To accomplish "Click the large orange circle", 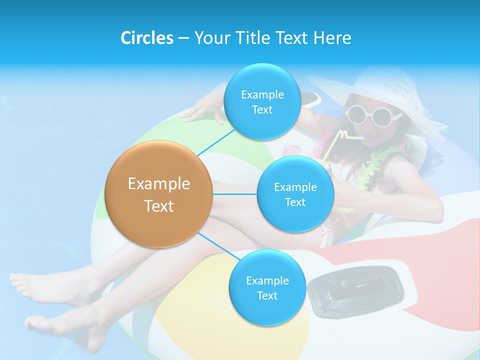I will pos(158,194).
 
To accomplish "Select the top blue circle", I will pos(262,101).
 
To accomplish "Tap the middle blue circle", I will pos(295,194).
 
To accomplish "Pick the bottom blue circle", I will pos(267,287).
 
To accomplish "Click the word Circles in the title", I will pos(146,37).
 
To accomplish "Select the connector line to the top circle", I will pos(216,141).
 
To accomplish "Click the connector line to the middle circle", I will pos(234,194).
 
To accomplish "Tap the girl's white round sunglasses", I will pos(373,114).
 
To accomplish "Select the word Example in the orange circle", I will pos(158,183).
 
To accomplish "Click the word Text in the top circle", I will pos(262,109).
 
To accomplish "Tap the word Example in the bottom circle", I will pos(267,280).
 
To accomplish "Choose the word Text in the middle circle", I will pos(295,202).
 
